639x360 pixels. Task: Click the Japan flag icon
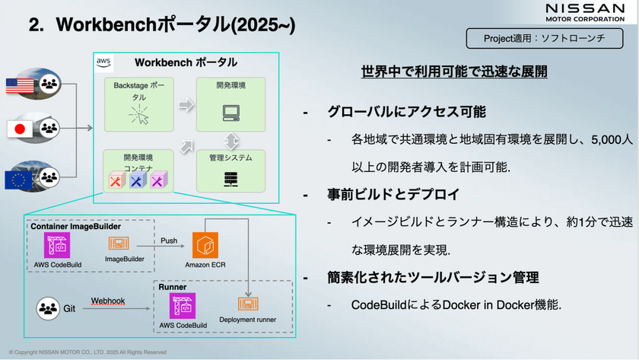click(x=17, y=129)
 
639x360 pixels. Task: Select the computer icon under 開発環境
click(x=230, y=113)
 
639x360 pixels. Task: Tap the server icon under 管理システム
click(x=230, y=180)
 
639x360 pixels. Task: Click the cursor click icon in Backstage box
click(x=138, y=116)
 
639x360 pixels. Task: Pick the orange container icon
click(x=116, y=180)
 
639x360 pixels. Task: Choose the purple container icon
click(x=157, y=180)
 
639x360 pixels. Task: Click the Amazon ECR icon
click(x=206, y=246)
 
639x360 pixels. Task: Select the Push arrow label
click(x=170, y=241)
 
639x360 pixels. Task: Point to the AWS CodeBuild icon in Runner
click(x=183, y=305)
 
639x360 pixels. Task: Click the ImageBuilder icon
click(x=119, y=244)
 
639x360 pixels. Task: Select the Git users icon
click(x=49, y=307)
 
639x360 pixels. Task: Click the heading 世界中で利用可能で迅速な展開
click(x=455, y=73)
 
